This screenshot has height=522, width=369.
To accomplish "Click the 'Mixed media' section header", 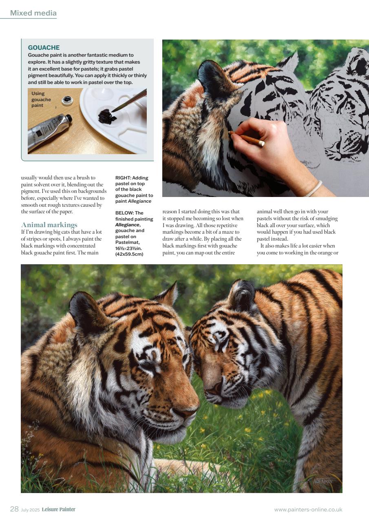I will (33, 13).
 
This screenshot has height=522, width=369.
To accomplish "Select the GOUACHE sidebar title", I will (44, 48).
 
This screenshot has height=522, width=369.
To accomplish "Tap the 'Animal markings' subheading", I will (49, 225).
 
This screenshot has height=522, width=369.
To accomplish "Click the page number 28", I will (14, 509).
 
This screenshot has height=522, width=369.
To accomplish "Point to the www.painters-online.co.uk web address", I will (308, 509).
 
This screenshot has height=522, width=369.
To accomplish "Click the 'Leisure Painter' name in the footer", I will (58, 509).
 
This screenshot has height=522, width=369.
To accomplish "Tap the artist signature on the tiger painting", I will (323, 481).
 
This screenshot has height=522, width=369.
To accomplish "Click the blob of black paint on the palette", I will (107, 117).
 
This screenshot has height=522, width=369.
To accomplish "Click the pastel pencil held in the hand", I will (246, 138).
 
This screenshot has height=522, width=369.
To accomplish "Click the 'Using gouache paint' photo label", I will (41, 100).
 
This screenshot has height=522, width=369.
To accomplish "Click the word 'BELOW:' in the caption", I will (124, 213).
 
